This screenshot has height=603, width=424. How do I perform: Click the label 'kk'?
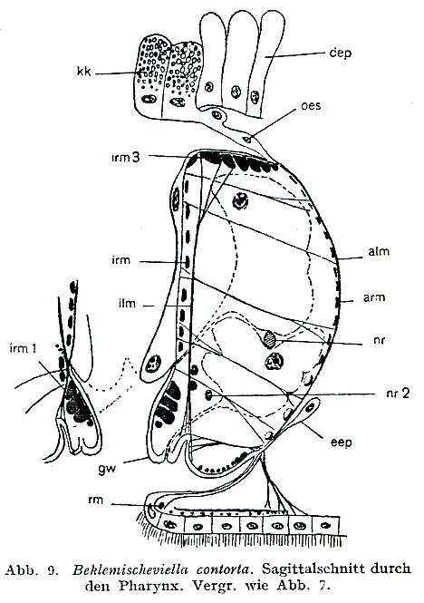click(x=84, y=71)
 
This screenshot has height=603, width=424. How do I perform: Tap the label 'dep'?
click(x=341, y=53)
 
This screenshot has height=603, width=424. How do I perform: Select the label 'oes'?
click(x=311, y=105)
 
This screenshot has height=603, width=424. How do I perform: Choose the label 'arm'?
click(x=374, y=297)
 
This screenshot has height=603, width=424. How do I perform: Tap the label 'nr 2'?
click(x=398, y=393)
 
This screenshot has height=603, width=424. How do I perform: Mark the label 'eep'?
click(x=342, y=443)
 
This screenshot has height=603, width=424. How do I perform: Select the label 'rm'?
click(x=95, y=500)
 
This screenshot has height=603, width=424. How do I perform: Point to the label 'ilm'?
click(x=127, y=303)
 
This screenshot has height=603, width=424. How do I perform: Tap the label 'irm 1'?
click(x=24, y=348)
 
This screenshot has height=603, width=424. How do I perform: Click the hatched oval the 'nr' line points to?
click(x=271, y=337)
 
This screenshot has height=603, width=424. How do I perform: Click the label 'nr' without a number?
click(x=380, y=340)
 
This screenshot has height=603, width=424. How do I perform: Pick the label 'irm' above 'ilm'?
click(x=121, y=260)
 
